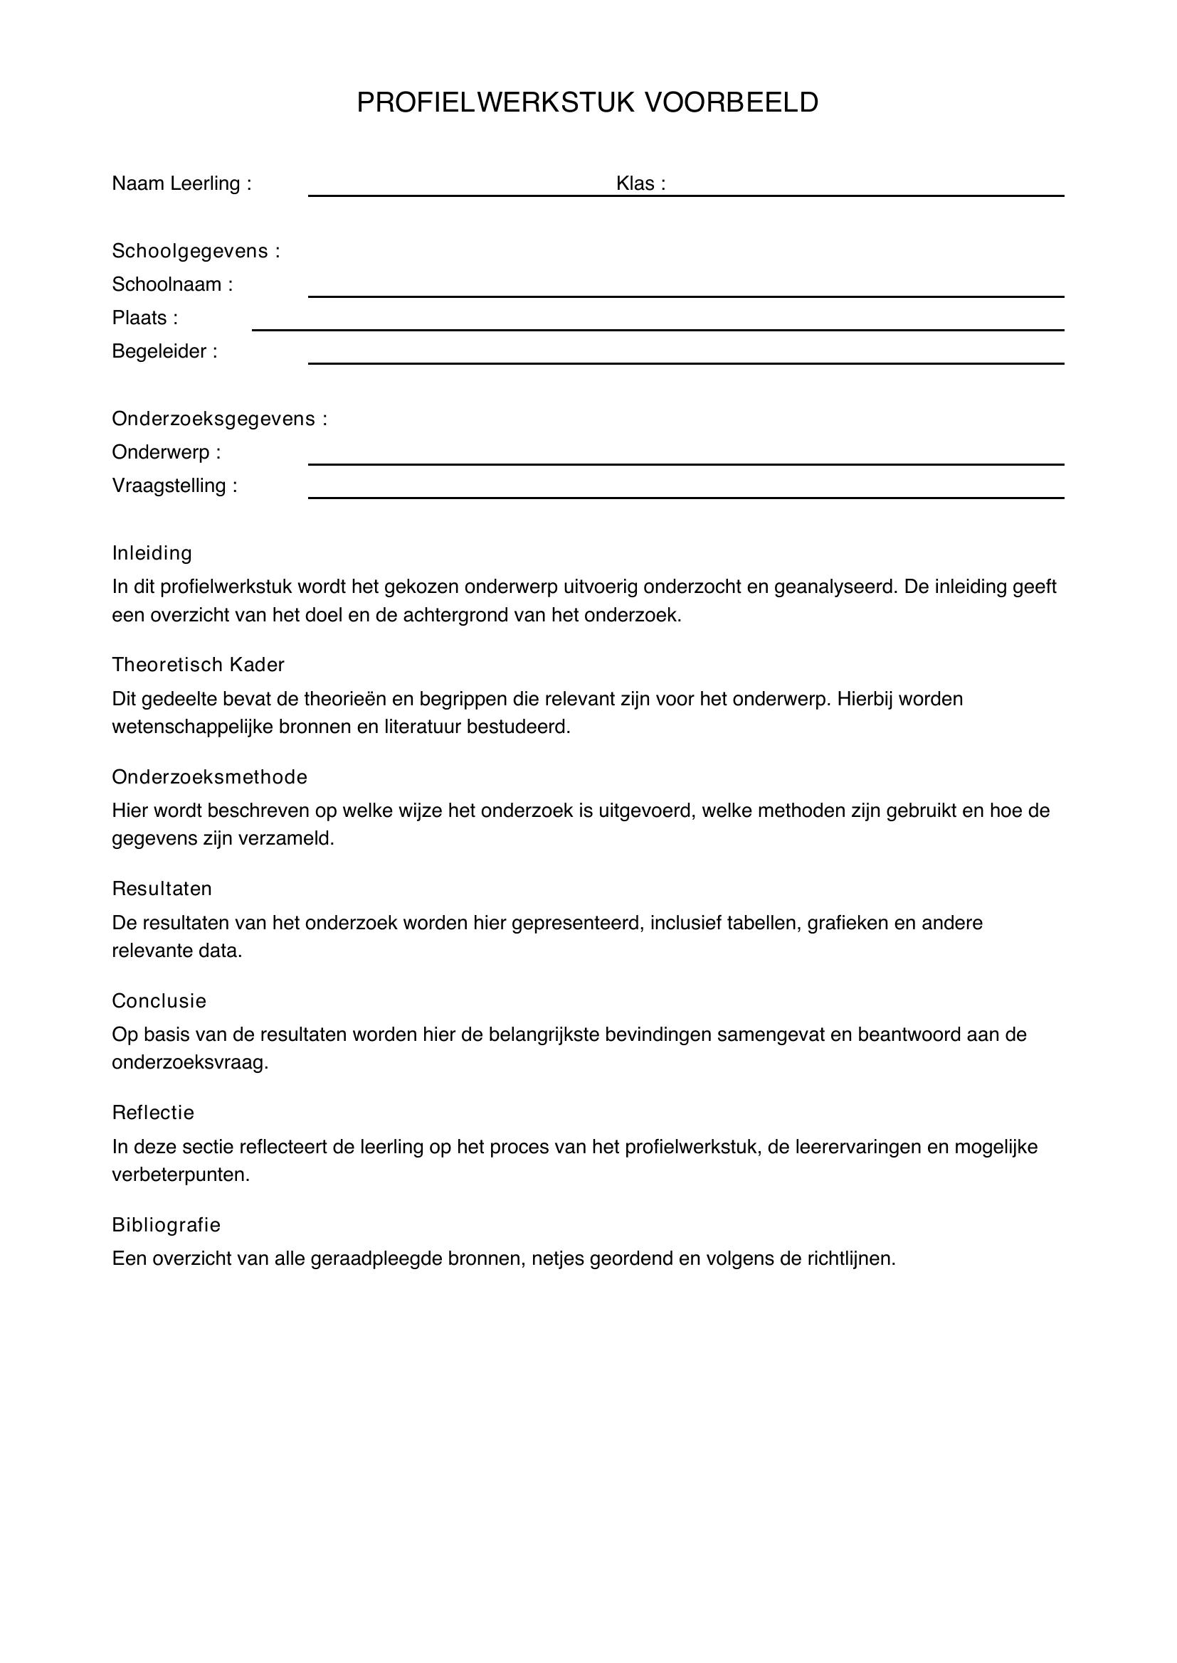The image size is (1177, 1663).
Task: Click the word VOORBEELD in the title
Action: point(732,103)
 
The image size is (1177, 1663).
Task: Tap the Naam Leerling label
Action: point(181,184)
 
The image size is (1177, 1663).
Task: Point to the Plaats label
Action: point(144,318)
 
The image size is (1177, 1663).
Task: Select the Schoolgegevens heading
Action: point(196,251)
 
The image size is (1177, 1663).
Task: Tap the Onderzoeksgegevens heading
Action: point(220,419)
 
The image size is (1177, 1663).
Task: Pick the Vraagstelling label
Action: point(174,486)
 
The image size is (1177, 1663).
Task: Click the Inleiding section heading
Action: point(152,553)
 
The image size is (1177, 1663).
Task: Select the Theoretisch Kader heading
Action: point(198,665)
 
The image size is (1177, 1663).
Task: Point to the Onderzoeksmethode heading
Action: point(209,777)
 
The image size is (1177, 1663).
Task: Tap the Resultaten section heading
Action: point(162,889)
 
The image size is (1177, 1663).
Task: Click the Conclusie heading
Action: point(159,1001)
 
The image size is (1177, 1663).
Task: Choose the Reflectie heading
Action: point(153,1113)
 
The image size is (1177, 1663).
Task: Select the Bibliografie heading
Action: point(166,1225)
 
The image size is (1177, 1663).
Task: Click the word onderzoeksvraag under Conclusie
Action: point(190,1062)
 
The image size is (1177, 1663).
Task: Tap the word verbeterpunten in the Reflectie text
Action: point(181,1175)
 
